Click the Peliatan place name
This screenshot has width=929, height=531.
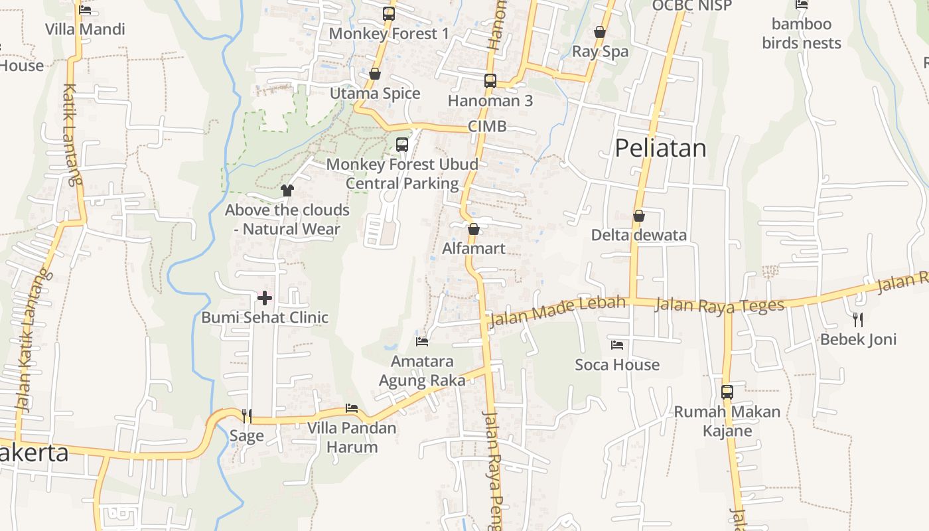(x=660, y=148)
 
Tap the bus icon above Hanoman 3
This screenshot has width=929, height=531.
(x=490, y=81)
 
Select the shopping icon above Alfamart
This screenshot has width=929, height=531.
(x=474, y=230)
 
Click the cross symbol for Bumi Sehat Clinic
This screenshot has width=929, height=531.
(x=265, y=298)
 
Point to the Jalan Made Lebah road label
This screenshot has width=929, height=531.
(x=557, y=311)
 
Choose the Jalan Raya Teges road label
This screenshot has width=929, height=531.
(x=719, y=305)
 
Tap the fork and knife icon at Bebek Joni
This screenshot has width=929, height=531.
(x=858, y=320)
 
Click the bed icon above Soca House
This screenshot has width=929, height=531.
(x=617, y=345)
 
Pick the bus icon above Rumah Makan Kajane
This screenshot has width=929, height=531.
(x=727, y=392)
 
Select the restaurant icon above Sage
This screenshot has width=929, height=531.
(x=247, y=416)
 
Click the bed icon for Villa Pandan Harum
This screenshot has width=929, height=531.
(x=352, y=408)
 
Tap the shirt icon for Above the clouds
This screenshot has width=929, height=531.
(x=287, y=190)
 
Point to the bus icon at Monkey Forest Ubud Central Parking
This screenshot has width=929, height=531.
(x=402, y=145)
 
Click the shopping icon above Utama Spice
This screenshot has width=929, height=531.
(x=375, y=74)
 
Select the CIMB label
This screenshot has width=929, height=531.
(x=487, y=126)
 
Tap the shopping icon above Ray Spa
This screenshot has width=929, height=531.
(x=600, y=32)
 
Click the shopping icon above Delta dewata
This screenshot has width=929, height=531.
(x=638, y=216)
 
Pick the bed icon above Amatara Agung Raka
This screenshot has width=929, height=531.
(x=422, y=342)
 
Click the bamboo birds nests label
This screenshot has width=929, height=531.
(x=802, y=34)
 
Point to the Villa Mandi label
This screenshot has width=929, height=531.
(x=85, y=29)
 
